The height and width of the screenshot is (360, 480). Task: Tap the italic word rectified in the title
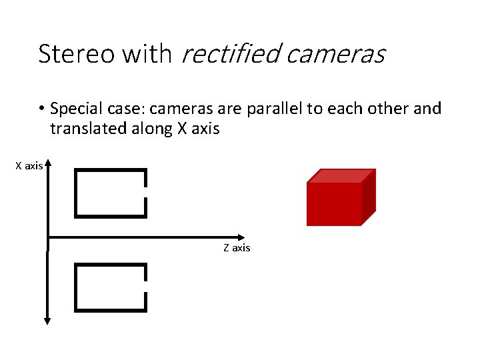pos(230,54)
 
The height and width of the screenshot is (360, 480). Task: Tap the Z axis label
pos(237,248)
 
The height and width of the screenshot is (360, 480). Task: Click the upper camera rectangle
pos(110,193)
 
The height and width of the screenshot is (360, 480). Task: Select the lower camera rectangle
pos(110,287)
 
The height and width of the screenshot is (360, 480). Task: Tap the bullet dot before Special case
pos(41,109)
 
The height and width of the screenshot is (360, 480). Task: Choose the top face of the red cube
pos(340,175)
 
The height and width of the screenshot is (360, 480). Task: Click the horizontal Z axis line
pos(147,237)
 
